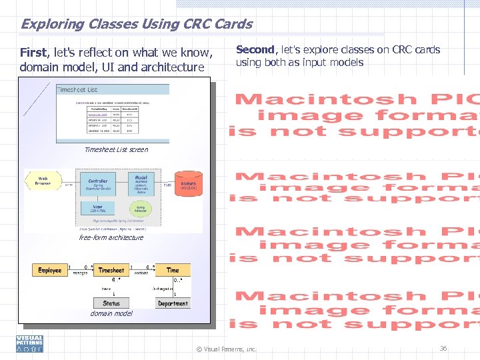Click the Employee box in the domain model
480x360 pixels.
pos(49,270)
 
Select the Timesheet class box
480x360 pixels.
pos(111,270)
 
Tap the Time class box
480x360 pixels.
pos(173,270)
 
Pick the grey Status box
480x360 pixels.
pos(111,303)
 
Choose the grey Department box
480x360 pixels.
pos(173,303)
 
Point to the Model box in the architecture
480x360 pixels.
pos(141,183)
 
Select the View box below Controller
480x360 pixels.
pos(98,208)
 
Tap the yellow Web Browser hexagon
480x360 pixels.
pos(43,181)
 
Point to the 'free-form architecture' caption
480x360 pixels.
pos(111,237)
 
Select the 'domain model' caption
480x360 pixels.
pos(111,313)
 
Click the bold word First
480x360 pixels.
pos(33,53)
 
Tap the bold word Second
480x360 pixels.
pos(255,49)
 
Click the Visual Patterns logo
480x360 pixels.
pos(30,343)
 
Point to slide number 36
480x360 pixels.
pos(443,348)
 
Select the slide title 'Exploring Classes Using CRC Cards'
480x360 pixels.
pos(136,25)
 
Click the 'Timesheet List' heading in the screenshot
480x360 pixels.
pos(77,89)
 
